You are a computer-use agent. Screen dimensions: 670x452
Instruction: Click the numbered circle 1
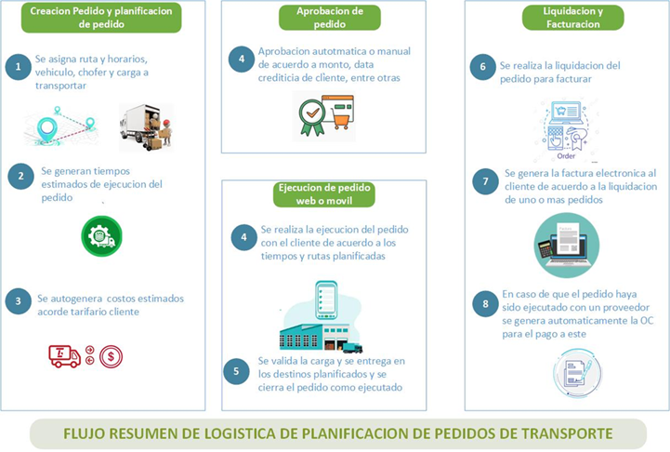tap(18, 67)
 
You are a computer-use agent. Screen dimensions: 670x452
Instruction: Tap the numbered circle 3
tap(19, 301)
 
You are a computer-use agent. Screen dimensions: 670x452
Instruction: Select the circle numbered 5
tap(236, 371)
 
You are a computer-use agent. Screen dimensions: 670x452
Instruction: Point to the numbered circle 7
tap(485, 181)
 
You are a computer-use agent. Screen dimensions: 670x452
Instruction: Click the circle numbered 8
tap(485, 303)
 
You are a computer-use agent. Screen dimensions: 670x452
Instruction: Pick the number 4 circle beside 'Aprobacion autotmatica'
tap(242, 59)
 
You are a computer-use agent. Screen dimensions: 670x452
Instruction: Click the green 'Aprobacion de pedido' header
tap(330, 18)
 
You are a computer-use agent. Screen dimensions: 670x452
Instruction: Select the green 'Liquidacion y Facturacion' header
tap(573, 18)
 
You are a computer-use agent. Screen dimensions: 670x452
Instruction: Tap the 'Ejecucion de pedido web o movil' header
tap(324, 194)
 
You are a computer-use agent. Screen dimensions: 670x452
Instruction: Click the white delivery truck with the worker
tap(146, 127)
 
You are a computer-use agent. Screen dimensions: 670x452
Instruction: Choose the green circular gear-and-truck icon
tap(101, 236)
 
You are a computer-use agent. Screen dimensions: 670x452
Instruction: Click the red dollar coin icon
tap(112, 356)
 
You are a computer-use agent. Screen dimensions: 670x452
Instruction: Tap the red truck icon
tap(64, 356)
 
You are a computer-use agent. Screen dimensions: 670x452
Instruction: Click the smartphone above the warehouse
tap(326, 300)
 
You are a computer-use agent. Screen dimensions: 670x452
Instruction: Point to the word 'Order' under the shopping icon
tap(566, 156)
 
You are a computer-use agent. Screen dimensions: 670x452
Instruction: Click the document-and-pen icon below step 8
tap(577, 373)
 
